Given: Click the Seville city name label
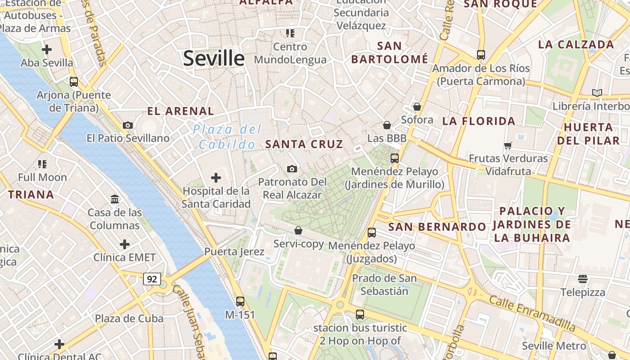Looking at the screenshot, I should click(214, 58).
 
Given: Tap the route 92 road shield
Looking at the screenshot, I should click(152, 279).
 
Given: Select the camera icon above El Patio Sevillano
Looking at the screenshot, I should click(128, 126).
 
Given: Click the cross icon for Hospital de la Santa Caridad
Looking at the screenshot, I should click(216, 178).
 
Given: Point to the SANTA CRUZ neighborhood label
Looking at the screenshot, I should click(304, 144).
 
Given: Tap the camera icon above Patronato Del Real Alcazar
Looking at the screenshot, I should click(292, 169).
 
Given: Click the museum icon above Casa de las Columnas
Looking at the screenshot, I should click(115, 199).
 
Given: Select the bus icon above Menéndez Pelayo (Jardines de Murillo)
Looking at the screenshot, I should click(395, 158).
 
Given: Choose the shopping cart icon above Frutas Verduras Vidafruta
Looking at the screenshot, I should click(508, 145).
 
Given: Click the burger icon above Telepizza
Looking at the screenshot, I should click(583, 279).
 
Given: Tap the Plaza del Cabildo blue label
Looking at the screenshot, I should click(227, 137).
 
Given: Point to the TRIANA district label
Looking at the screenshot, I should click(31, 195).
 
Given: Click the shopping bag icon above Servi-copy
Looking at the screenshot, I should click(298, 231).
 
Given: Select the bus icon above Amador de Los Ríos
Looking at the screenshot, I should click(481, 55).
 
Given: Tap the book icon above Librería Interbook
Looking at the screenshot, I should click(597, 93).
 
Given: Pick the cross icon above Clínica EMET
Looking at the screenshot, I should click(125, 244).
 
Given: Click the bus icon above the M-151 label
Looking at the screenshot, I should click(240, 301).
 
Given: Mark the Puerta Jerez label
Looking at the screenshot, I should click(234, 252).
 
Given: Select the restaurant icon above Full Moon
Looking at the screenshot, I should click(42, 164).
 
